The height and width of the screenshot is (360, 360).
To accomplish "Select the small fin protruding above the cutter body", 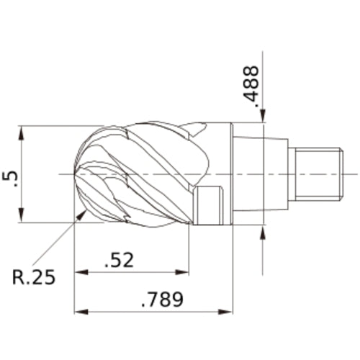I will (195, 129).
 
